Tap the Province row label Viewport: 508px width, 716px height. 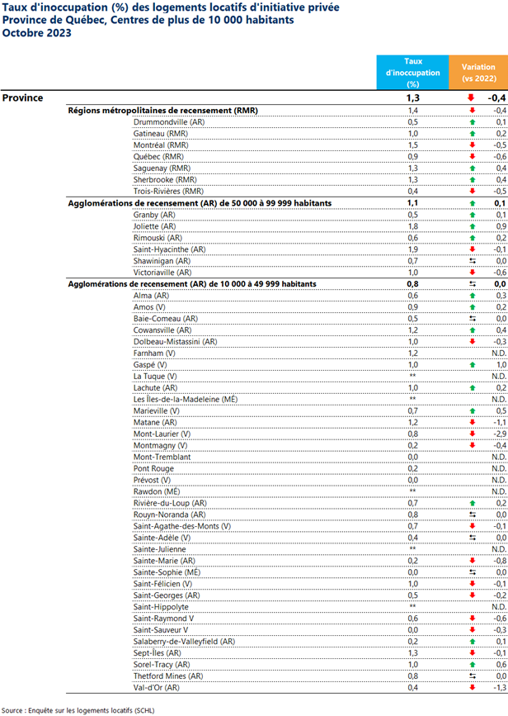pos(23,97)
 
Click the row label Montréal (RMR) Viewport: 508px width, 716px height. pos(162,145)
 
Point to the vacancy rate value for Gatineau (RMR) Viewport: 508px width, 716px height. pos(413,133)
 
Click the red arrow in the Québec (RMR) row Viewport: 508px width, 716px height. pos(473,156)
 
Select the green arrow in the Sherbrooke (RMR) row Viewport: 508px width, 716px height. pos(473,179)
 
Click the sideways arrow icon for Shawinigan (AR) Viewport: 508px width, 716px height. pos(473,260)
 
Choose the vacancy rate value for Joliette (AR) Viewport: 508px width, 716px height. pos(413,225)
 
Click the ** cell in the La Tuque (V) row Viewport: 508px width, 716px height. pos(413,376)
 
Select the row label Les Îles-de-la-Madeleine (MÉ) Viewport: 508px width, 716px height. pos(186,399)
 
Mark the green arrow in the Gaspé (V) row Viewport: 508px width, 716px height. pos(473,364)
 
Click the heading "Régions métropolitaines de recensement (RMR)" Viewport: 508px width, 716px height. pos(162,110)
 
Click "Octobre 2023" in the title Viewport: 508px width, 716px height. pos(37,33)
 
